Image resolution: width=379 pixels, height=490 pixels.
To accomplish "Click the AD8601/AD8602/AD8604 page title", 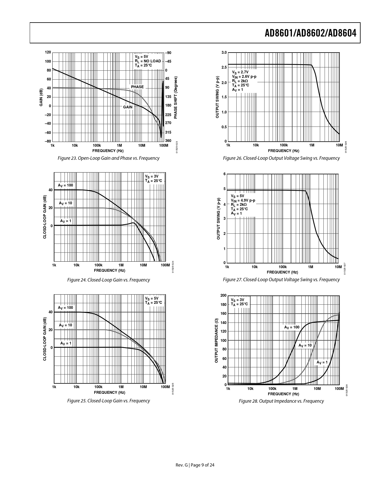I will pos(310,33).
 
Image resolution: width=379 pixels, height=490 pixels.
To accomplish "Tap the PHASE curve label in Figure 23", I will pos(137,87).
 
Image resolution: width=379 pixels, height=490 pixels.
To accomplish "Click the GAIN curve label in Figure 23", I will pos(128,107).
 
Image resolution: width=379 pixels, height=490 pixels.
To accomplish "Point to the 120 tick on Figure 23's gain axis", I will pos(48,52).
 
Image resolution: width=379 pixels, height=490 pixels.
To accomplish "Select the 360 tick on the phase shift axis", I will pos(168,140).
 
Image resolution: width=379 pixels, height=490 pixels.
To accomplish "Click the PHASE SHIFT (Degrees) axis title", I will pos(176,97).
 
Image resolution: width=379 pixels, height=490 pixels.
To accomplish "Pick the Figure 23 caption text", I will pos(108,158).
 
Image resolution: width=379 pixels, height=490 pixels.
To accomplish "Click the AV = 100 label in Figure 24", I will pos(65,185).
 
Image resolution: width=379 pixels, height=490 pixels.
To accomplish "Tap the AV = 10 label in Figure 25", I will pos(65,325).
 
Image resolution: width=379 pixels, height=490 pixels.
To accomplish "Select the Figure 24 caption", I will pos(108,280).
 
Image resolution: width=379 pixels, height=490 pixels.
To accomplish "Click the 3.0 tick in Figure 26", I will pos(224,53).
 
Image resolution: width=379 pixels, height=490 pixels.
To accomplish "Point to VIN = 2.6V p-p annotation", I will pos(244,77).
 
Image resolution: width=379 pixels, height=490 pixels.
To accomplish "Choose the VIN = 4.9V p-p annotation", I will pos(243,200).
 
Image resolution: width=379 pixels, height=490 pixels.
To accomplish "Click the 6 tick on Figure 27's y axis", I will pos(224,174).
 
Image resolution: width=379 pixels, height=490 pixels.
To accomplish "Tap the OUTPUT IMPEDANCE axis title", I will pos(216,340).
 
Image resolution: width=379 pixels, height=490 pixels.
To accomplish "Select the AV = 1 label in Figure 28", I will pos(322,362).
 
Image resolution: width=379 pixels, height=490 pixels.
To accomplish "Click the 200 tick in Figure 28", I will pos(223,295).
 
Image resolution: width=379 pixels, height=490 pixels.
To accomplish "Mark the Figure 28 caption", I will pos(281,401).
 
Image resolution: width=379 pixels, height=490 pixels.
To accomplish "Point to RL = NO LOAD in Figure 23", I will pos(148,61).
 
